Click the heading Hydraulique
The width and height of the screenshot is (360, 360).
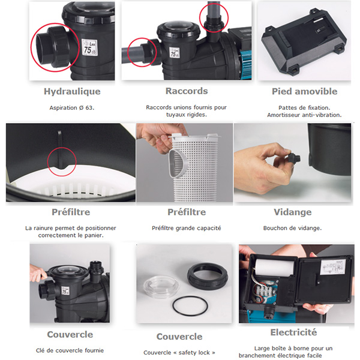(x=72, y=92)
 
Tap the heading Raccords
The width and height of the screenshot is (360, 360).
(x=187, y=91)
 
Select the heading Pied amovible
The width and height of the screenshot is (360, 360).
(x=304, y=91)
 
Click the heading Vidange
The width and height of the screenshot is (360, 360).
(x=293, y=212)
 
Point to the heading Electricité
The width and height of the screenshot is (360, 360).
(x=293, y=332)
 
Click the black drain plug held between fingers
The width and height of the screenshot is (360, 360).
(x=293, y=158)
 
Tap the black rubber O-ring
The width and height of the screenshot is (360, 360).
(x=190, y=306)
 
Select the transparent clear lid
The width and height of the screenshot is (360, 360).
(x=161, y=287)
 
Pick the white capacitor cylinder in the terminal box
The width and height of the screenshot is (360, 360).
(x=271, y=268)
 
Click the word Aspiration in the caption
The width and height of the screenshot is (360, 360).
(x=64, y=107)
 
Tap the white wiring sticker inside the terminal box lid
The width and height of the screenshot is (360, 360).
(x=333, y=267)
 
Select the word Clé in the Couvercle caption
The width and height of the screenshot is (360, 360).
(x=40, y=350)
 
